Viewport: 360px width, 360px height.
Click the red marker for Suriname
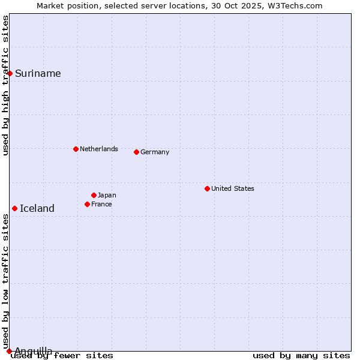10,73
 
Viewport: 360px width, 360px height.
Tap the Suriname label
38,74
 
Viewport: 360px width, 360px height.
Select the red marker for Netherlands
76,149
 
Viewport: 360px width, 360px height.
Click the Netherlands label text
99,149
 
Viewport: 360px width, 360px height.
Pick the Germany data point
137,152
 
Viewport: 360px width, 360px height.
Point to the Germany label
155,152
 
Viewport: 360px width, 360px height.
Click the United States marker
207,188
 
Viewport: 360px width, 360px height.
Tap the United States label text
233,188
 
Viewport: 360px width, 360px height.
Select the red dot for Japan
94,195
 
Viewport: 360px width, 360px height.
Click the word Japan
107,196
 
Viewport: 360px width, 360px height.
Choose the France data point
88,204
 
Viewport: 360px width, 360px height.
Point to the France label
102,205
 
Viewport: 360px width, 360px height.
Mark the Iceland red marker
15,208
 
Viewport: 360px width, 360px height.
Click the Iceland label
37,209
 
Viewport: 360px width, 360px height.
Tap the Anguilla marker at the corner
9,351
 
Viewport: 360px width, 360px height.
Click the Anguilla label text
34,351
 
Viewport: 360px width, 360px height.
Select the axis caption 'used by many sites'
301,356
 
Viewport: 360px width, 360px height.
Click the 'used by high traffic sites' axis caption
6,85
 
